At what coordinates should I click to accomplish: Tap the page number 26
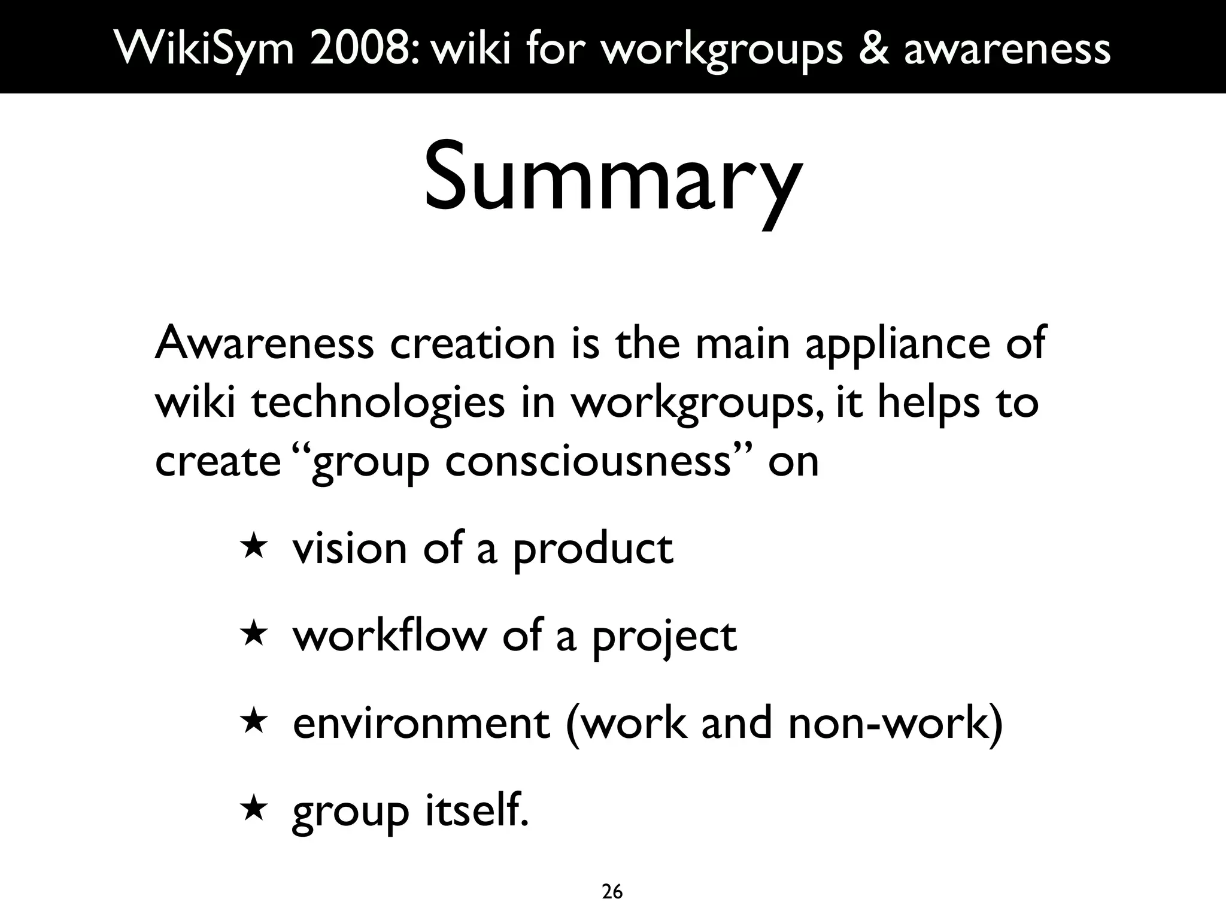pyautogui.click(x=612, y=892)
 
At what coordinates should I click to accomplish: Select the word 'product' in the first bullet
pyautogui.click(x=593, y=550)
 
